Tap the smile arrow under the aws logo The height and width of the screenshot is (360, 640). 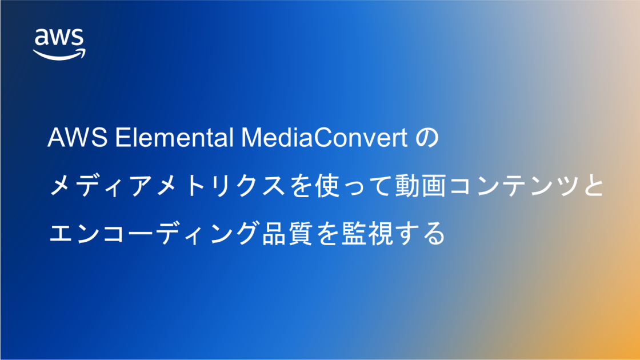point(59,54)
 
